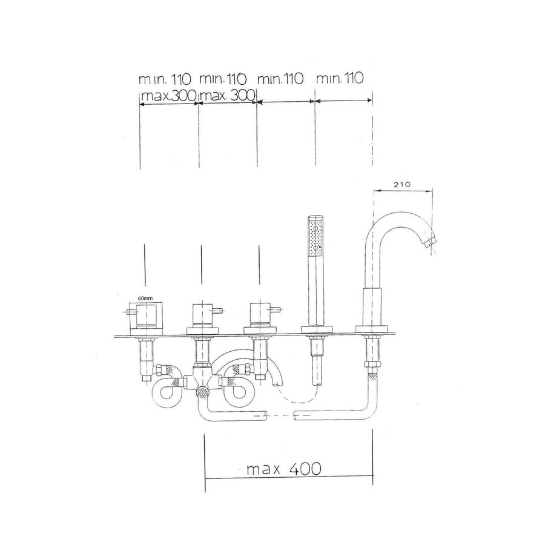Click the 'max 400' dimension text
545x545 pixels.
tap(283, 469)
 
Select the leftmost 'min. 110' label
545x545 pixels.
tap(165, 79)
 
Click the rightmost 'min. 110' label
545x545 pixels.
tap(339, 79)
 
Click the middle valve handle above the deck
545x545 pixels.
tap(202, 315)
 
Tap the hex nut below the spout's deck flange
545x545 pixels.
tap(371, 365)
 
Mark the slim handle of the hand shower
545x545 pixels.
tap(315, 291)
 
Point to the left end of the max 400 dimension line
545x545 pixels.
tap(206, 478)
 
